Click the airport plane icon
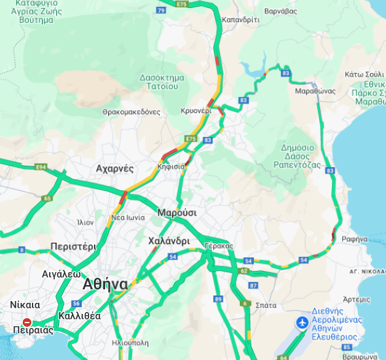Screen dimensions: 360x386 [x=302, y=323]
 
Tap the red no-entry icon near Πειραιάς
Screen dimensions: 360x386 [x=27, y=322]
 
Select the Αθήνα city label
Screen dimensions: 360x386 [x=105, y=284]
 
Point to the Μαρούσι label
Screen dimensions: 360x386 [x=177, y=213]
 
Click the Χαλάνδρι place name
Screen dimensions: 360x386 [x=169, y=241]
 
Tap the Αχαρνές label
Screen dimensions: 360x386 [x=114, y=168]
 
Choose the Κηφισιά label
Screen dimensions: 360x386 [x=171, y=166]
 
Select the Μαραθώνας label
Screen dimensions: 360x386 [x=315, y=91]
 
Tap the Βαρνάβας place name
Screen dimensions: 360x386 [x=281, y=11]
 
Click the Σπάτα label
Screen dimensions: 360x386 [x=266, y=305]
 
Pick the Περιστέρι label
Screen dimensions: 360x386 [x=73, y=246]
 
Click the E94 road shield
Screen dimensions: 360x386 [x=41, y=167]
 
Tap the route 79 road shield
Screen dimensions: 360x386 [x=161, y=10]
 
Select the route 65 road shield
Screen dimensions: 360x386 [x=47, y=198]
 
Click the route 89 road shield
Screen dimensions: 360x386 [x=218, y=299]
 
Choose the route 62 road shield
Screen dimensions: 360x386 [x=244, y=271]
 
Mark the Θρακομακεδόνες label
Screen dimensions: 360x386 [x=132, y=112]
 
